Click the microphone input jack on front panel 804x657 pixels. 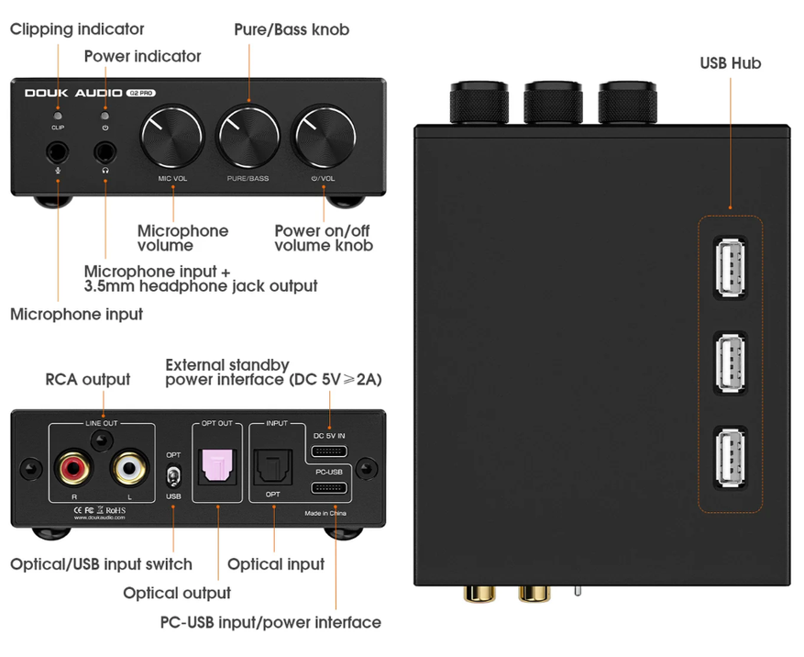58,150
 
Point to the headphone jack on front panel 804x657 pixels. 105,150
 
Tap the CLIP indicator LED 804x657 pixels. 58,117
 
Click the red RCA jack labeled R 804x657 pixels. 73,471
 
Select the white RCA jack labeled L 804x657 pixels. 127,471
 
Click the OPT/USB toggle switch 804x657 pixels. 173,476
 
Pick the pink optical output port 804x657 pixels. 217,466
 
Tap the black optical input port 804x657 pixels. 272,466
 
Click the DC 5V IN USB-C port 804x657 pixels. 329,451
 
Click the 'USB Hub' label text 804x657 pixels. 730,63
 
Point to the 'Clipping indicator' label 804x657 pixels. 77,29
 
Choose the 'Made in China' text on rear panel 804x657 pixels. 326,513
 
